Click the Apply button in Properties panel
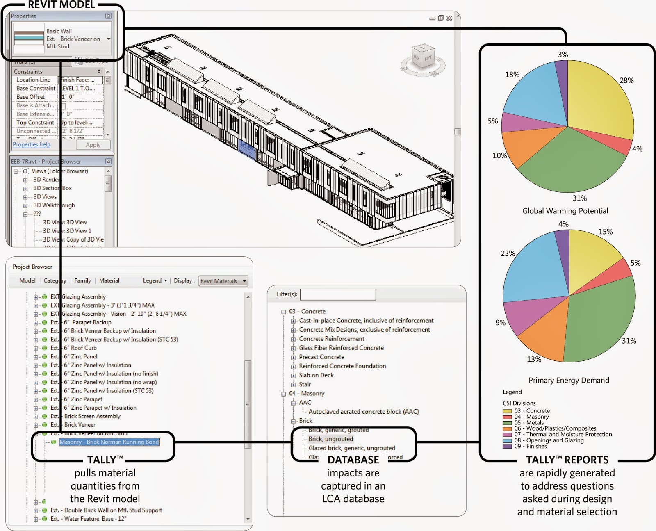coord(93,145)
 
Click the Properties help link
coord(32,144)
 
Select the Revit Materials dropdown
coord(223,281)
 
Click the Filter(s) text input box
coord(337,294)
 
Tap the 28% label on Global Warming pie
coord(626,80)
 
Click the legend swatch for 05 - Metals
coord(507,423)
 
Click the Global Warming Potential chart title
coord(565,211)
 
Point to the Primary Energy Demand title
coord(569,380)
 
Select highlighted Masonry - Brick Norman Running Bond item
coord(109,442)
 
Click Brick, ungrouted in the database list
coord(330,439)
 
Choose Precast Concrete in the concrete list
coord(321,357)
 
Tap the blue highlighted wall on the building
coord(247,150)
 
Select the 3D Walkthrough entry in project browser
coord(54,205)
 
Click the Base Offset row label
coord(31,97)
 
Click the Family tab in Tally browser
coord(82,280)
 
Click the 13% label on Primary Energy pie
coord(534,359)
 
